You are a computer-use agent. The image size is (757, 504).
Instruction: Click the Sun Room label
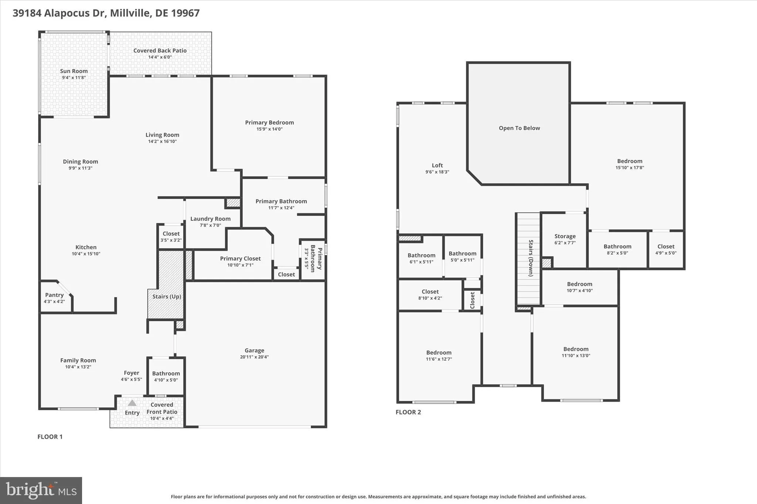point(74,71)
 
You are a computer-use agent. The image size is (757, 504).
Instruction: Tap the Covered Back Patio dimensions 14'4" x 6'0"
point(160,57)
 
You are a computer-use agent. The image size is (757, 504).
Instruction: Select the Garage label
point(254,350)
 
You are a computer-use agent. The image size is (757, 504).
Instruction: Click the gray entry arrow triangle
point(132,403)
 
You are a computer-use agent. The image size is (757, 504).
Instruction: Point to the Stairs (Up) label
point(167,296)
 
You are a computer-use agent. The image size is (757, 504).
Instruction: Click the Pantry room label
point(54,295)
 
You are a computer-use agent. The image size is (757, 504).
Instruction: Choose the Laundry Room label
point(210,219)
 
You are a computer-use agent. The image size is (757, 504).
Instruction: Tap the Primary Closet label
point(240,258)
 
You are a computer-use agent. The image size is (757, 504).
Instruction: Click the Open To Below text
point(519,128)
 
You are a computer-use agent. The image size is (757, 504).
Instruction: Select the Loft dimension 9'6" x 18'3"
point(437,172)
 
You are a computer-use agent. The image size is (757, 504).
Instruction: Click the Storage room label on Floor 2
point(565,236)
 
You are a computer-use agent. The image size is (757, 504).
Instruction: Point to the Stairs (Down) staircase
point(529,258)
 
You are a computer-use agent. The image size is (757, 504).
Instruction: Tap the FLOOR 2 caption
point(408,412)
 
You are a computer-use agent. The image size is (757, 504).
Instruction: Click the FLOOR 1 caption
point(50,437)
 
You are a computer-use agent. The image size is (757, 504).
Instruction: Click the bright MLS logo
point(41,490)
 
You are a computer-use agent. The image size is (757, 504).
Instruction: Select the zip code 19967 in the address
point(187,13)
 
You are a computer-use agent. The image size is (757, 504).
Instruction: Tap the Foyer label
point(132,373)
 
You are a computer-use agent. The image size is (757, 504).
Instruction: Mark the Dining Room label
point(80,162)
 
